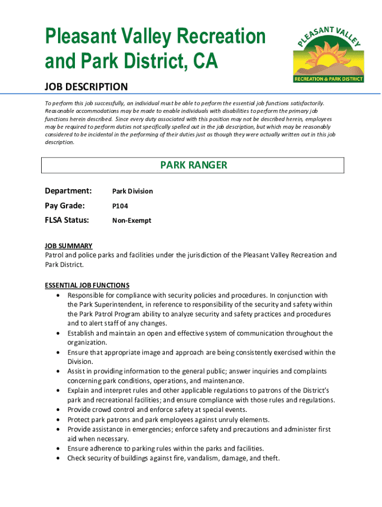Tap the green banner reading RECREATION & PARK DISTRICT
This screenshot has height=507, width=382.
329,79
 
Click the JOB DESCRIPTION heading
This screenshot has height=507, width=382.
86,87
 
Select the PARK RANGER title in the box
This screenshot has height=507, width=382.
193,165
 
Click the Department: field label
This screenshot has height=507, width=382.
68,191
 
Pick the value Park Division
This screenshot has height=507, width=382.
132,191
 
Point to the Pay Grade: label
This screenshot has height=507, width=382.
65,205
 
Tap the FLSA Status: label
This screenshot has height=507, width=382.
67,220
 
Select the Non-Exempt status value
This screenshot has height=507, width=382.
131,221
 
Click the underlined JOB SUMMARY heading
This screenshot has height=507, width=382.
68,246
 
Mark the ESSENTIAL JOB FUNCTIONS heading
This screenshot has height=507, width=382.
87,285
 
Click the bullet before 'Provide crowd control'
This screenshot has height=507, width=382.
59,410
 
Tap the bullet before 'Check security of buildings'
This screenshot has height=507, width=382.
59,458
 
